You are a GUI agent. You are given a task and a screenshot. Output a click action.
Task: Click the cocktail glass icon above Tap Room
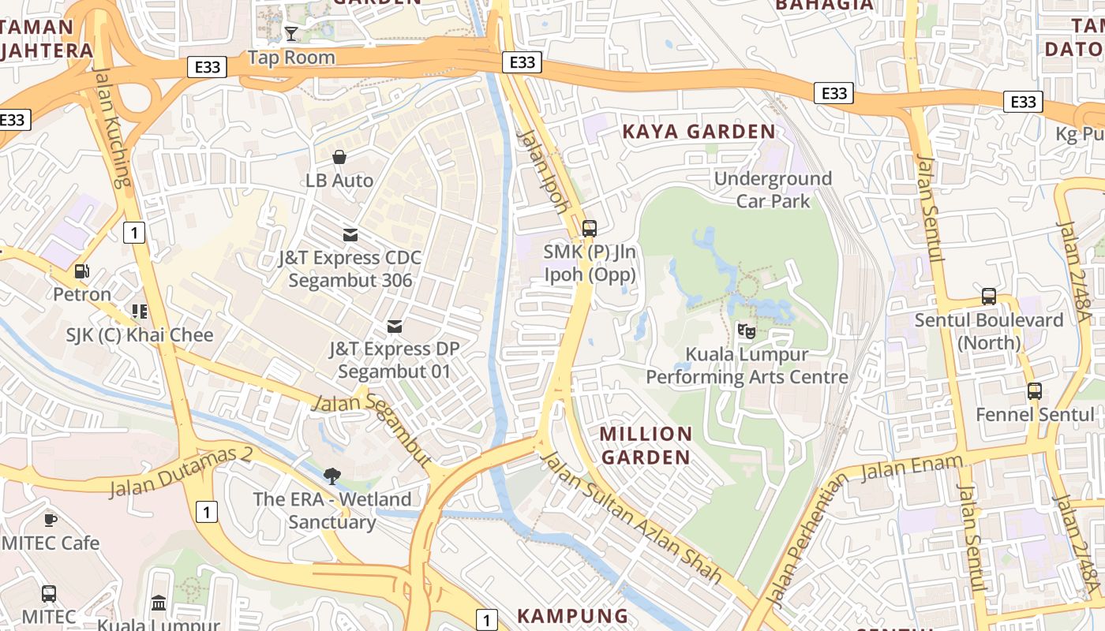tap(291, 33)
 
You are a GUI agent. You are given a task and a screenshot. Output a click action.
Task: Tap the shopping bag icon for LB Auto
tap(339, 157)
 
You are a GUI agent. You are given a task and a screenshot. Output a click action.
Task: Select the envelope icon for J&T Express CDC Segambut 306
tap(350, 234)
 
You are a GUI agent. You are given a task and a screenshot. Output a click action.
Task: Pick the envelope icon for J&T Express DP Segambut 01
tap(394, 326)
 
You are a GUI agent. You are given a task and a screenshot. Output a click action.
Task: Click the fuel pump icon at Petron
tap(81, 271)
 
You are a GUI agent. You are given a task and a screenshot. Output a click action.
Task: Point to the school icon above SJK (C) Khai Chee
tap(140, 312)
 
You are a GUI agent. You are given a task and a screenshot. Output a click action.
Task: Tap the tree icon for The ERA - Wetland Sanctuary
tap(332, 475)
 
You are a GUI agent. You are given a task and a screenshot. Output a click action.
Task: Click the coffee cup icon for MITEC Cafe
tap(51, 519)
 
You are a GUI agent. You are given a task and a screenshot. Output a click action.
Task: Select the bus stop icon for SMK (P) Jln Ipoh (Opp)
tap(590, 229)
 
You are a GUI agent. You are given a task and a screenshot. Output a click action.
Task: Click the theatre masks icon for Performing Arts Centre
tap(746, 330)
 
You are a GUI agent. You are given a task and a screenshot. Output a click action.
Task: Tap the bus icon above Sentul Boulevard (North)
tap(989, 297)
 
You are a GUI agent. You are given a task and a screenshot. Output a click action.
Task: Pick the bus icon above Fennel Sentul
tap(1034, 390)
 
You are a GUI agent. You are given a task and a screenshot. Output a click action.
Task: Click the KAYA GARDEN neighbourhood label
tap(699, 132)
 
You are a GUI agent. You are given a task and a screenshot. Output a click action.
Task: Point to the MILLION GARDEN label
tap(646, 446)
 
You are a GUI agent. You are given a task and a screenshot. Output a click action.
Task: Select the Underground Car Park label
tap(773, 189)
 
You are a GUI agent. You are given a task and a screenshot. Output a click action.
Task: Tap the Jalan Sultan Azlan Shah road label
tap(631, 518)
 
